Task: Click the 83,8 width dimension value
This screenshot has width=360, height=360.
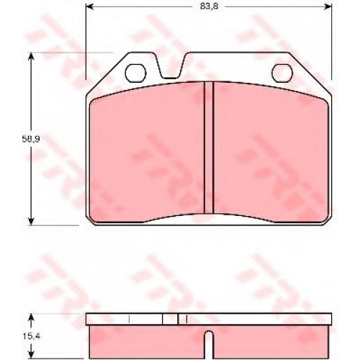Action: (210, 6)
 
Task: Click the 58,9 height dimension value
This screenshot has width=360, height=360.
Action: (31, 139)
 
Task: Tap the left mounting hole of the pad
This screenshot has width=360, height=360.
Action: (135, 73)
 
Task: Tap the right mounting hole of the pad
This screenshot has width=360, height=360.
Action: (282, 73)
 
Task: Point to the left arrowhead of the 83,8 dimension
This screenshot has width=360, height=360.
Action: (89, 6)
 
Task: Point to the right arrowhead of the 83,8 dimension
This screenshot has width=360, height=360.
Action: (328, 6)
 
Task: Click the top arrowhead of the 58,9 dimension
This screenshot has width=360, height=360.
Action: (31, 57)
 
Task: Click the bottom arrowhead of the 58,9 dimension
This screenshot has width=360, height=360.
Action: (31, 221)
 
